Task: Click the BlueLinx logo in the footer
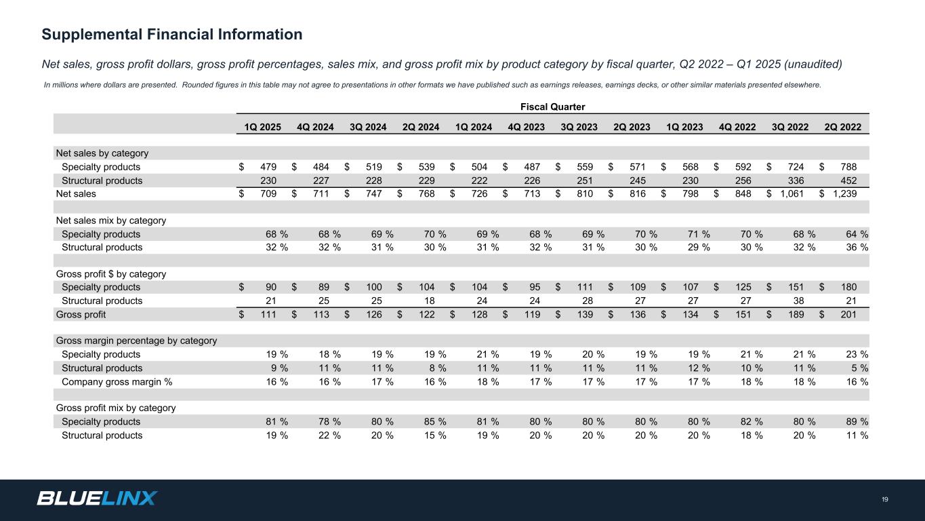coord(97,498)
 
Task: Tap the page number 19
coord(885,500)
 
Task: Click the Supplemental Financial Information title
coord(172,34)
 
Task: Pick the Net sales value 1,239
coord(845,194)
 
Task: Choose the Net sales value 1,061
coord(792,194)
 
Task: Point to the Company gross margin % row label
coord(117,382)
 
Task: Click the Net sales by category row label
coord(102,153)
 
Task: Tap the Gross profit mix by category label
coord(115,408)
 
